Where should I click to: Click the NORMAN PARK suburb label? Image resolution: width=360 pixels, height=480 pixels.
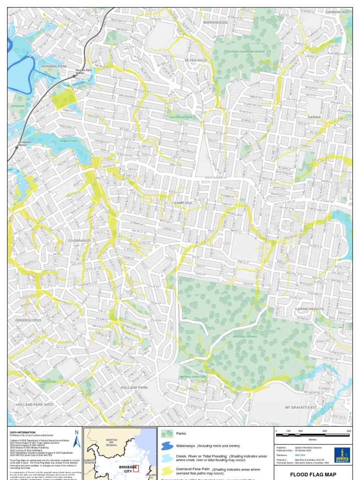click(54, 67)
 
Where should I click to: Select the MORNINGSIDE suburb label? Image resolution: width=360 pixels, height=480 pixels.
click(215, 22)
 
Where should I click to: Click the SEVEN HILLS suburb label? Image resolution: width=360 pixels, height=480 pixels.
click(195, 60)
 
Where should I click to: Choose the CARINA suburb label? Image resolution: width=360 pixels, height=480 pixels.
click(314, 117)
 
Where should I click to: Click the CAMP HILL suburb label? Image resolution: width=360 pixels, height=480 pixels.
click(183, 203)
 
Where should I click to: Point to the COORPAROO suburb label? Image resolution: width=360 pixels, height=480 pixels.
click(79, 240)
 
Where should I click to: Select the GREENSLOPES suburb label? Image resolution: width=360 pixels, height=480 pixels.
click(28, 320)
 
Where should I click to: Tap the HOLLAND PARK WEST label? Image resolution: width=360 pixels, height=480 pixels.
click(35, 404)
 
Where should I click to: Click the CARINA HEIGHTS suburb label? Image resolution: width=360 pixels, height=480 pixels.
click(309, 309)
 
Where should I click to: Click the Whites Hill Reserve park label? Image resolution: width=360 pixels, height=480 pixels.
click(245, 336)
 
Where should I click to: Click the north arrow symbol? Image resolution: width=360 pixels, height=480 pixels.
click(77, 439)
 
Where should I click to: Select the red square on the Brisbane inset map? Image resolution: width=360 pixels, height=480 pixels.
click(136, 468)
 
